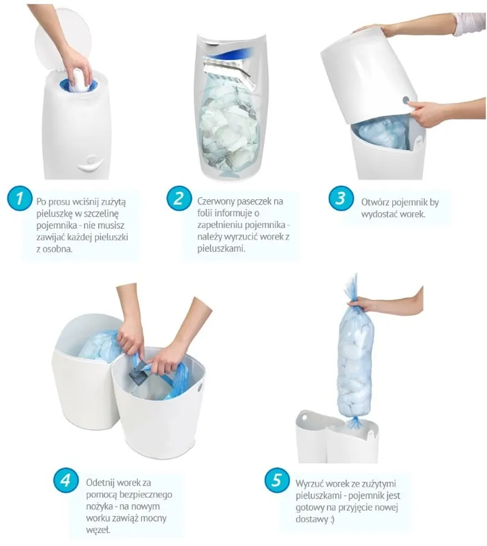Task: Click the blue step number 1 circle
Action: click(x=19, y=199)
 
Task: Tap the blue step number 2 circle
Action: click(x=179, y=199)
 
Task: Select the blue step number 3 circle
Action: click(x=341, y=199)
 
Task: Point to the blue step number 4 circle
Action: click(x=66, y=480)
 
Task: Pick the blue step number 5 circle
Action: click(x=277, y=480)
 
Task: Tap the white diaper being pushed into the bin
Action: click(x=80, y=80)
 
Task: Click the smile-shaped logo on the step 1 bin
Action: click(x=90, y=163)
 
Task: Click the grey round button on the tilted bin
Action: click(x=406, y=100)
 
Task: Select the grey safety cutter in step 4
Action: click(x=140, y=373)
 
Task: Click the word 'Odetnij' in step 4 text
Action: click(x=100, y=483)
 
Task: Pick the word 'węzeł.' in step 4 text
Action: click(x=99, y=531)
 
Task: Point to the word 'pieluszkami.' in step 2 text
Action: click(x=222, y=249)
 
